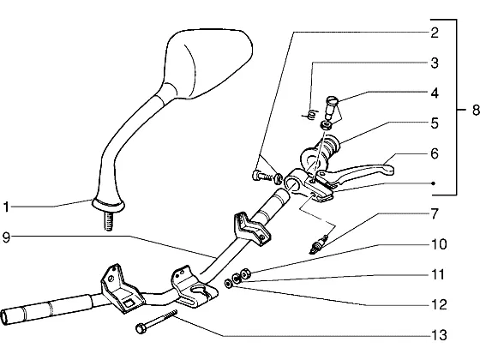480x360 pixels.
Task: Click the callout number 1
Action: point(6,207)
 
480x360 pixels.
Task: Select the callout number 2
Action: point(435,33)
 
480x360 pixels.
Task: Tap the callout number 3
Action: point(435,63)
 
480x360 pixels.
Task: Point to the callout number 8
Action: point(475,110)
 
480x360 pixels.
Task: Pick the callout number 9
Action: point(6,237)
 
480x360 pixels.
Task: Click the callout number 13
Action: point(439,335)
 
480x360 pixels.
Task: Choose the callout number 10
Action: point(439,244)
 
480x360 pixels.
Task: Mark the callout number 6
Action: point(435,153)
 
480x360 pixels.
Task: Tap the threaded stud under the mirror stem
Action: point(109,221)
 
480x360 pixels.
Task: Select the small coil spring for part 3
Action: point(310,115)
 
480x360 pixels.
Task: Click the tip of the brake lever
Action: point(391,170)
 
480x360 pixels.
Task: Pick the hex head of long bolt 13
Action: point(141,328)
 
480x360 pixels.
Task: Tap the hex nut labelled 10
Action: point(245,273)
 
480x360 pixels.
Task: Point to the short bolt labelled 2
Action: point(261,176)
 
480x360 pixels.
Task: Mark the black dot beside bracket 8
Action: point(433,183)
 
